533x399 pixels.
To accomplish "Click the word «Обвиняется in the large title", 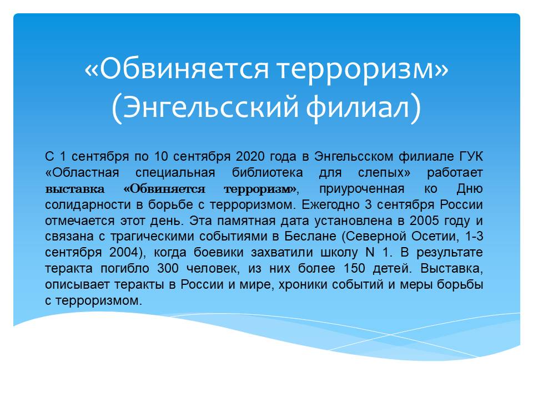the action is click(x=177, y=69).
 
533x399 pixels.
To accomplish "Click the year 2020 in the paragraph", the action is click(x=250, y=156).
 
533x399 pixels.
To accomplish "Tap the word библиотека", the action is click(x=267, y=173).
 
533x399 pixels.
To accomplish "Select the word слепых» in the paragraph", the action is click(x=384, y=173).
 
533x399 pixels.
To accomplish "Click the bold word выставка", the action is click(x=75, y=188).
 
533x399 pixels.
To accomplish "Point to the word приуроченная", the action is click(x=361, y=189).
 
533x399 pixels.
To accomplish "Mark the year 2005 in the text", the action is click(x=424, y=221).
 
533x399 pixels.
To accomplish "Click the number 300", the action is click(x=168, y=268).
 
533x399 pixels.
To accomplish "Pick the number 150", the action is click(x=355, y=268).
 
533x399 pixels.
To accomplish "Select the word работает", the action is click(x=455, y=173).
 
